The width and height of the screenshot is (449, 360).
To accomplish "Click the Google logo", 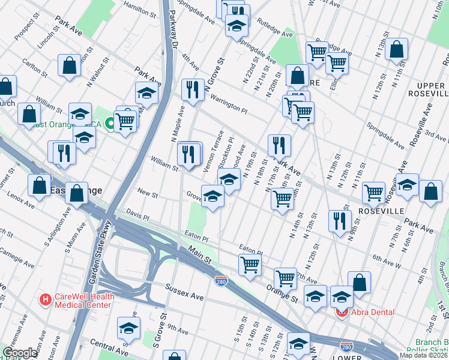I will (20, 353).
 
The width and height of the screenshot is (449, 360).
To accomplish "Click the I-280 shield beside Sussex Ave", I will (221, 280).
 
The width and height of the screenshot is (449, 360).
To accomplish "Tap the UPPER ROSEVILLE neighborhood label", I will (426, 89).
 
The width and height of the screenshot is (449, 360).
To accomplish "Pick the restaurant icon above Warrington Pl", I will (193, 90).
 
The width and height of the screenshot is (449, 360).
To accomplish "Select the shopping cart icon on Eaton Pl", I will (249, 264).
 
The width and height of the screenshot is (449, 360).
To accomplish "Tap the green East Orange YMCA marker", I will (110, 124).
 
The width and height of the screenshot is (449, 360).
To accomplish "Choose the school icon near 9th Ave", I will (128, 328).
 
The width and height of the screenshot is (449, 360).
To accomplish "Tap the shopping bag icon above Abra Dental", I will (359, 282).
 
